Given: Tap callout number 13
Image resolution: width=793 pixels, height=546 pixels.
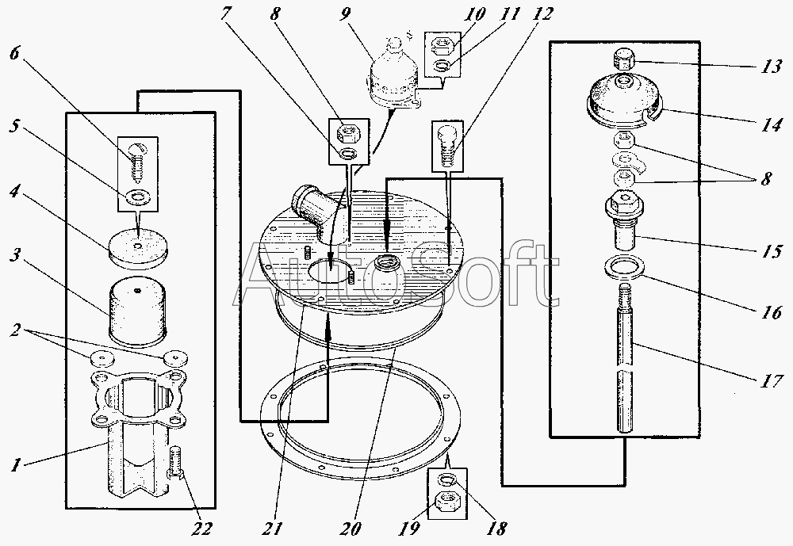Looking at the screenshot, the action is click(770, 67).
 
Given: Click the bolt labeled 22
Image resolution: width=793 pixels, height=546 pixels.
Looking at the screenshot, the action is click(177, 464).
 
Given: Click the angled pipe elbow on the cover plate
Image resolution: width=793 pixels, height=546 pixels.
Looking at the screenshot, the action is click(311, 208).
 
